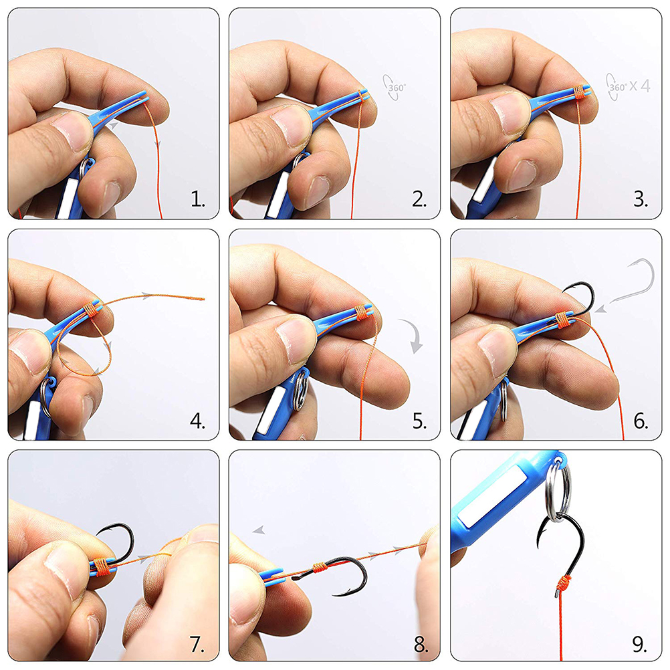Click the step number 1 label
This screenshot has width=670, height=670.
tap(197, 199)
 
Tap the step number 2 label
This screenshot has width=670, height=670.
tap(420, 199)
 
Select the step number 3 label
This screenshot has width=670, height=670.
tap(641, 199)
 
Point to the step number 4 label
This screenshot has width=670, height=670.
tap(197, 421)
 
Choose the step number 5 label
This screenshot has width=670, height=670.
tap(420, 421)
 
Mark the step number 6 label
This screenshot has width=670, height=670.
tap(641, 421)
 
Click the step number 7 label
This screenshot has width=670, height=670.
tap(197, 645)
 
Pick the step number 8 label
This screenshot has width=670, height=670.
tap(421, 645)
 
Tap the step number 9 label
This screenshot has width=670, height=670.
tap(640, 645)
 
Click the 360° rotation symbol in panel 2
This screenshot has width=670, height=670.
tap(394, 88)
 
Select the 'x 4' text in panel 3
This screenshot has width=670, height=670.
tap(640, 86)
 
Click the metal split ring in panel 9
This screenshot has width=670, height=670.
tap(559, 493)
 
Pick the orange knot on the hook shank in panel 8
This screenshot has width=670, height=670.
tap(320, 568)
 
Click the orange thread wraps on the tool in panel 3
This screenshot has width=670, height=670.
tap(579, 92)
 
